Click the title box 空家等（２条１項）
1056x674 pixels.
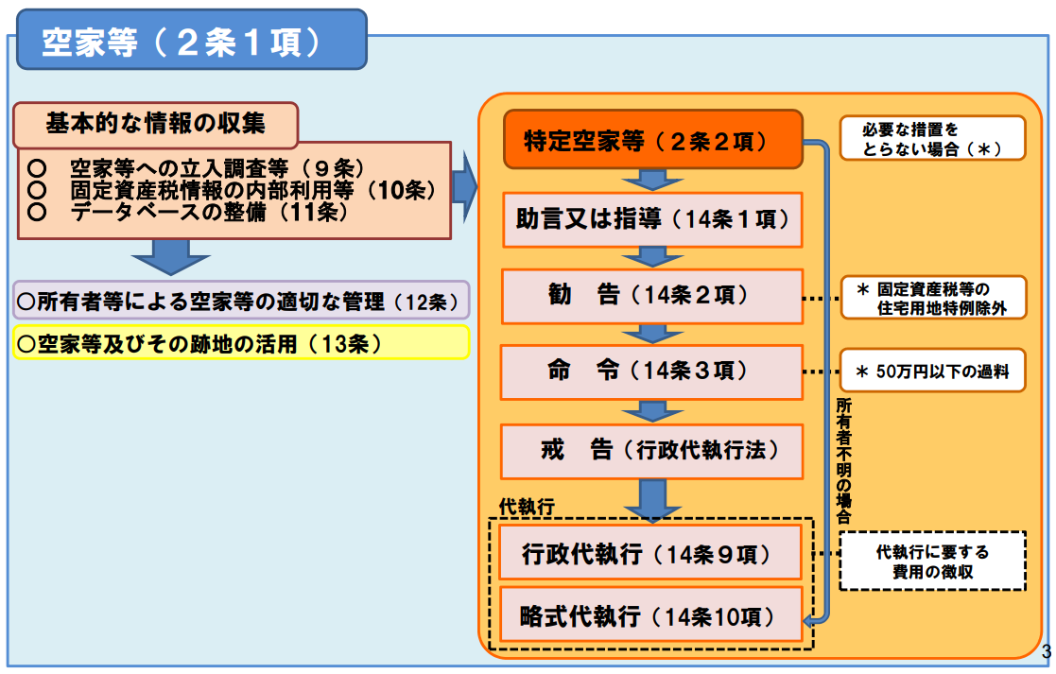point(190,41)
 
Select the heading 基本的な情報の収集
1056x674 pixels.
point(156,124)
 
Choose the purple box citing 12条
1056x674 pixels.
point(241,302)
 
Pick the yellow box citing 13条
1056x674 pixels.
point(241,343)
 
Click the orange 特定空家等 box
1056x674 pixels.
point(652,141)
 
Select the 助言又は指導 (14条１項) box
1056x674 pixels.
point(652,220)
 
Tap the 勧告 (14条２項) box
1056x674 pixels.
point(652,296)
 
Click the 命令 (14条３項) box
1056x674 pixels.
point(652,372)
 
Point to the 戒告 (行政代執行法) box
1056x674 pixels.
point(652,451)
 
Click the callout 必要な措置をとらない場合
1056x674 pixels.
point(932,139)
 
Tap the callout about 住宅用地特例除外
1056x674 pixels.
point(932,298)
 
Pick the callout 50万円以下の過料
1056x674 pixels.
point(932,372)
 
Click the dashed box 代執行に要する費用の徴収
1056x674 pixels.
point(932,562)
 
